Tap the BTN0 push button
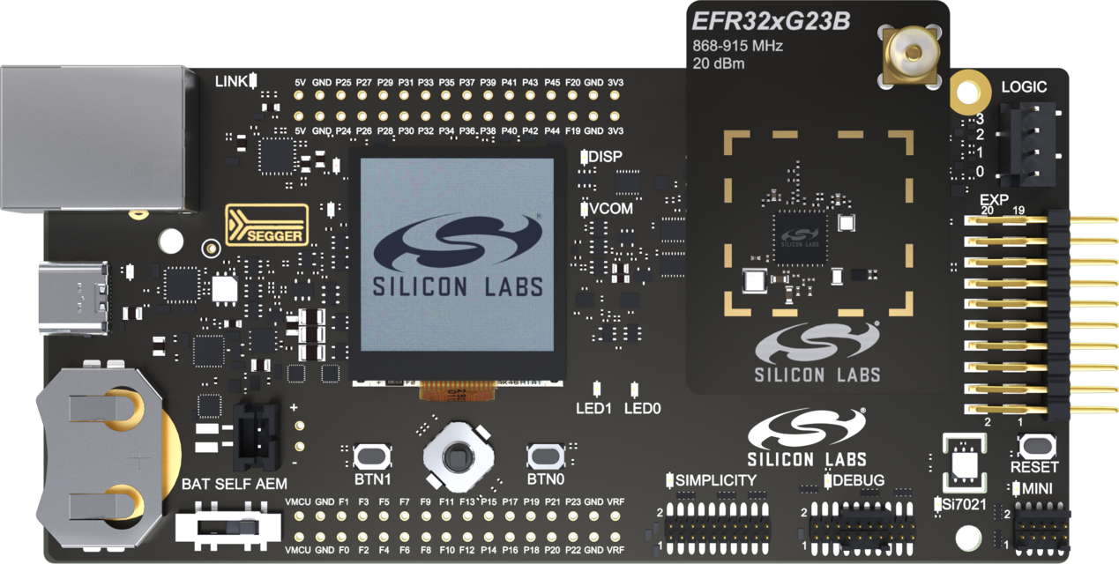point(545,456)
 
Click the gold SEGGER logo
point(267,224)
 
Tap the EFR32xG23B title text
point(771,22)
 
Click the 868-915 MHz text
point(738,46)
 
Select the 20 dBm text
point(719,63)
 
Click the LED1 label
point(593,409)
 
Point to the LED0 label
point(642,409)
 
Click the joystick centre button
point(457,457)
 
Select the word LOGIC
point(1024,87)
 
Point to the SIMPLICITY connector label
point(715,480)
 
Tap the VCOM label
point(611,209)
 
